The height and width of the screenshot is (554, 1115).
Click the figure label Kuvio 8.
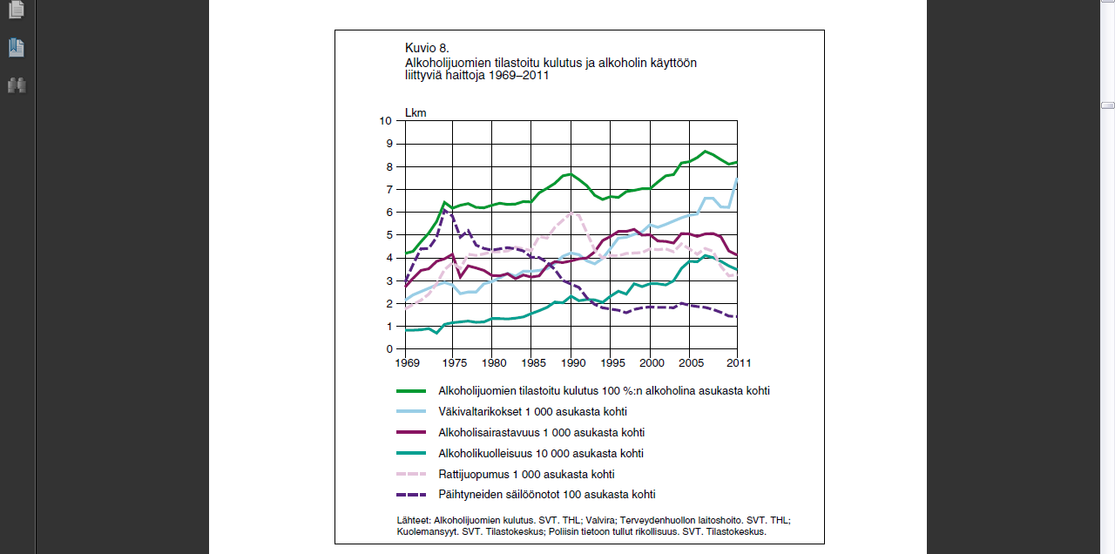click(427, 48)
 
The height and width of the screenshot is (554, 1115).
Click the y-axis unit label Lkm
click(416, 113)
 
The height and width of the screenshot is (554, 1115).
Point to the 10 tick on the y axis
click(386, 121)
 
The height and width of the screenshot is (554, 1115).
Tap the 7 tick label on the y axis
click(389, 190)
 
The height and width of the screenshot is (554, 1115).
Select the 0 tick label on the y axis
click(389, 349)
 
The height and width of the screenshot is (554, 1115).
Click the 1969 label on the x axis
click(407, 363)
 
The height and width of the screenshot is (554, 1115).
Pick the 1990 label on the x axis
click(573, 363)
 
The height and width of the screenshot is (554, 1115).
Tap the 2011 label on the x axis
click(739, 363)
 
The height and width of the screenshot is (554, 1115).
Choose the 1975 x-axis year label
click(455, 363)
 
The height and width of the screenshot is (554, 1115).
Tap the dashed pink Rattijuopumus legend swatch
click(411, 474)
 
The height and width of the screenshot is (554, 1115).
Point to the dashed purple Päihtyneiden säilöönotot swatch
click(411, 495)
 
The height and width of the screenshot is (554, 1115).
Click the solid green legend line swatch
click(411, 391)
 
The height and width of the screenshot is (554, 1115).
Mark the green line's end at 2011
click(737, 162)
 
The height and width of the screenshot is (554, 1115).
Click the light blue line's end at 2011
click(737, 179)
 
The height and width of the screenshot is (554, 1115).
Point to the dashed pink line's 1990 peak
click(572, 213)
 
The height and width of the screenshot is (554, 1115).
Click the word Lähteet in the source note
click(414, 520)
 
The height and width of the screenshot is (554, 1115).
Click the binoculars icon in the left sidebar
click(17, 85)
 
